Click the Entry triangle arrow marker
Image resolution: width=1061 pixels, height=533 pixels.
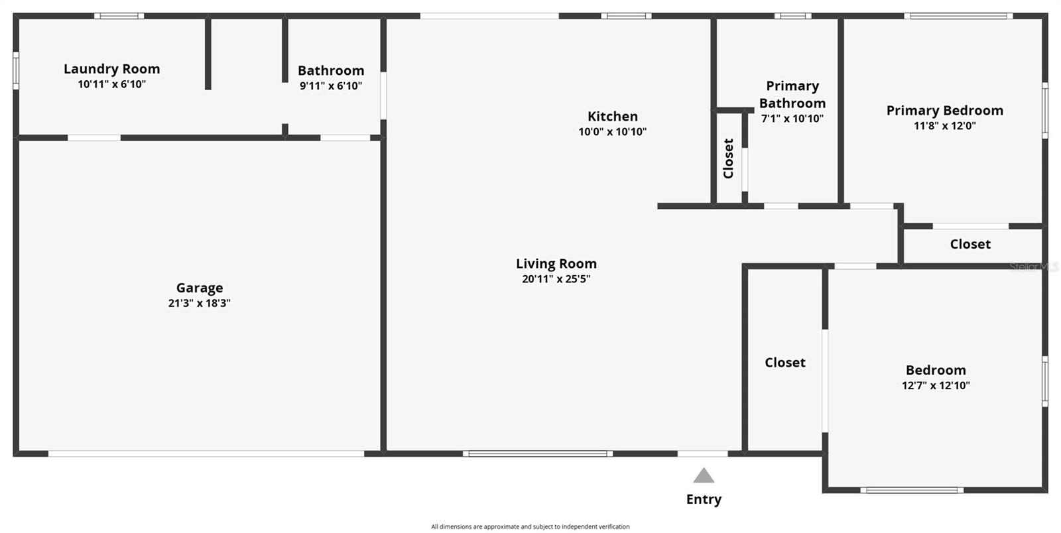click(704, 476)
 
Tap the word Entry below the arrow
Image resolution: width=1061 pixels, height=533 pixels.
click(704, 499)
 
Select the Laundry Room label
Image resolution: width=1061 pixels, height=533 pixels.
click(111, 69)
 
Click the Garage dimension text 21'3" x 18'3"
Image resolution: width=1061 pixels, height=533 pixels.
click(199, 303)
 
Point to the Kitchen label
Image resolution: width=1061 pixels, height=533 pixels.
click(612, 117)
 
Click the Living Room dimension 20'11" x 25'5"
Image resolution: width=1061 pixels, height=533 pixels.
click(556, 279)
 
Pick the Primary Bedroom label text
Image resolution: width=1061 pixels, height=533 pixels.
click(944, 111)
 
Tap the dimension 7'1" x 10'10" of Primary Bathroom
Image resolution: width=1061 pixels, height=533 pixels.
click(792, 119)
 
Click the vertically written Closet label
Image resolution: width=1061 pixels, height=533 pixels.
click(729, 158)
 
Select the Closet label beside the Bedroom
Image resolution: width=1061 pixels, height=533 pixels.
click(784, 363)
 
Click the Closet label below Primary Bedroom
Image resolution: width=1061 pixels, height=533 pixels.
click(969, 245)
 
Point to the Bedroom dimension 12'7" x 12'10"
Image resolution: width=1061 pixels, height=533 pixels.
click(936, 385)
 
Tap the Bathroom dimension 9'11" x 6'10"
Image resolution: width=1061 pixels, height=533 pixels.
click(330, 86)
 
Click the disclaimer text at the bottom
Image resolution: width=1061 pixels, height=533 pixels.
click(530, 526)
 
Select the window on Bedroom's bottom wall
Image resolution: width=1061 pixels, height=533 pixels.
click(912, 491)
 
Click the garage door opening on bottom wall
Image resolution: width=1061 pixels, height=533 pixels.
click(206, 454)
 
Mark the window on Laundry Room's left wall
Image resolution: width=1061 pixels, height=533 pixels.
click(16, 70)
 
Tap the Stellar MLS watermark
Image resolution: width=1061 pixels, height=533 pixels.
click(1033, 266)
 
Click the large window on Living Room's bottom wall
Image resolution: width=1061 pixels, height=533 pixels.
click(537, 454)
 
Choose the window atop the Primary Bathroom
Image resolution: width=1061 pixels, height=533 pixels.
click(792, 16)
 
